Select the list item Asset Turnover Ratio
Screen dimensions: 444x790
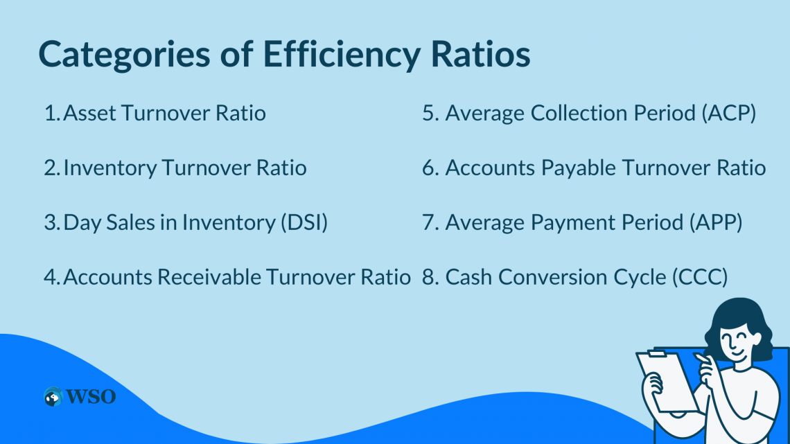coord(164,113)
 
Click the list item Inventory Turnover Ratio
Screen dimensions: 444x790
coord(184,168)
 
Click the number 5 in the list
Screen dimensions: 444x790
coord(429,113)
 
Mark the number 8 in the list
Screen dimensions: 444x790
coord(429,277)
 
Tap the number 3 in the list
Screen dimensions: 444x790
coord(51,222)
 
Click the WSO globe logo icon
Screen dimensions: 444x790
coord(52,397)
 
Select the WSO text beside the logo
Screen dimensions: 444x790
coord(90,397)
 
